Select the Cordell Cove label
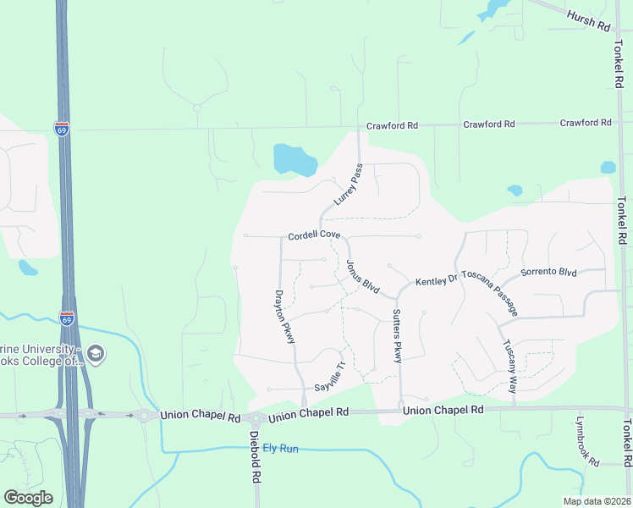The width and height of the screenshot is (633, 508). point(314,235)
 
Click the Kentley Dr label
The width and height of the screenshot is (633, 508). point(436,279)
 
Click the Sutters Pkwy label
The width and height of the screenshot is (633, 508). point(396,336)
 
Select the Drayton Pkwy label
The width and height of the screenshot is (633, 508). point(285,317)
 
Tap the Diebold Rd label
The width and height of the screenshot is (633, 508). point(255,458)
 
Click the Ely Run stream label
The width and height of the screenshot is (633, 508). point(280,448)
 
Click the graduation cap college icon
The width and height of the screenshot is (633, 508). point(96,353)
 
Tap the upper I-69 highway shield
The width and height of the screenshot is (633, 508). point(62,130)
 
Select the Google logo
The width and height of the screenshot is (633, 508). point(28,498)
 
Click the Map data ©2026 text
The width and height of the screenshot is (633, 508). point(596,501)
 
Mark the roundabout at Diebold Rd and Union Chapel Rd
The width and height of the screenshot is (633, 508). point(256,418)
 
